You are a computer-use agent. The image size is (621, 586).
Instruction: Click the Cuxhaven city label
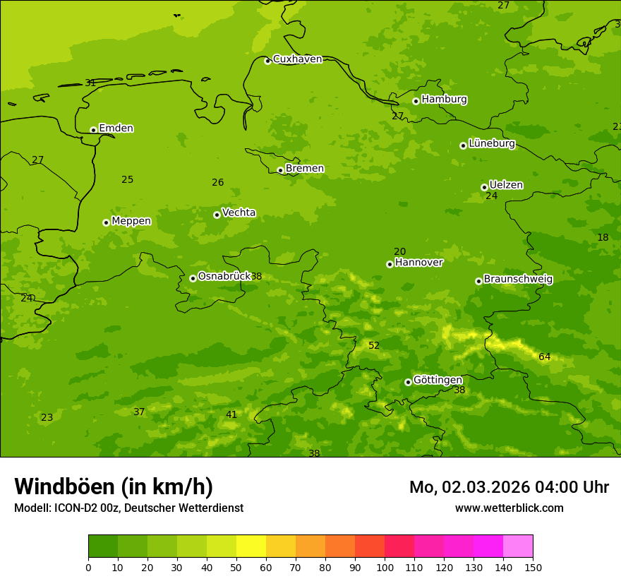point(297,59)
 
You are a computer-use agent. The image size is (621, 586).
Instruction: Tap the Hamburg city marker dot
point(416,101)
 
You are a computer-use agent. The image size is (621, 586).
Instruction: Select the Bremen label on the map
point(305,169)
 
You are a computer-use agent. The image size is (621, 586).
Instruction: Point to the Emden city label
point(116,128)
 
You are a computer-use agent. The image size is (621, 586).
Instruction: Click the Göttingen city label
point(438,380)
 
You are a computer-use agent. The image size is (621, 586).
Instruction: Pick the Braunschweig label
point(518,280)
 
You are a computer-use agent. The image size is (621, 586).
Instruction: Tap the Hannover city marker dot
point(390,264)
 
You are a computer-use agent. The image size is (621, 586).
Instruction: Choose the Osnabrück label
point(224,276)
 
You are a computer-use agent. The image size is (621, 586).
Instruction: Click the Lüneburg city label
point(492,143)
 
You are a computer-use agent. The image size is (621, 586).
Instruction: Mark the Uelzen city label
point(506,185)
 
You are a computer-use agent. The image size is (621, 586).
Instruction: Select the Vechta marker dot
point(217,215)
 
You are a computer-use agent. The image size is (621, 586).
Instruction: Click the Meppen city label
point(131,221)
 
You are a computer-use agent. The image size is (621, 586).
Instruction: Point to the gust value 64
point(544,357)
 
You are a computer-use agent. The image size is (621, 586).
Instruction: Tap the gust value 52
point(374,346)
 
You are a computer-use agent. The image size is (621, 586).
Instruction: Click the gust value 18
point(603,238)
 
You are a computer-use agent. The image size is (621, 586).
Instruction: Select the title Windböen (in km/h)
point(114,486)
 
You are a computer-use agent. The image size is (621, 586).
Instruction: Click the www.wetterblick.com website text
point(509,508)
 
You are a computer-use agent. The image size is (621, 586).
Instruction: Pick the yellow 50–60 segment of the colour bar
point(251,546)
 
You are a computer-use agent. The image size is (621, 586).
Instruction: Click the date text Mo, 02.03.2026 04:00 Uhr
point(509,487)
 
